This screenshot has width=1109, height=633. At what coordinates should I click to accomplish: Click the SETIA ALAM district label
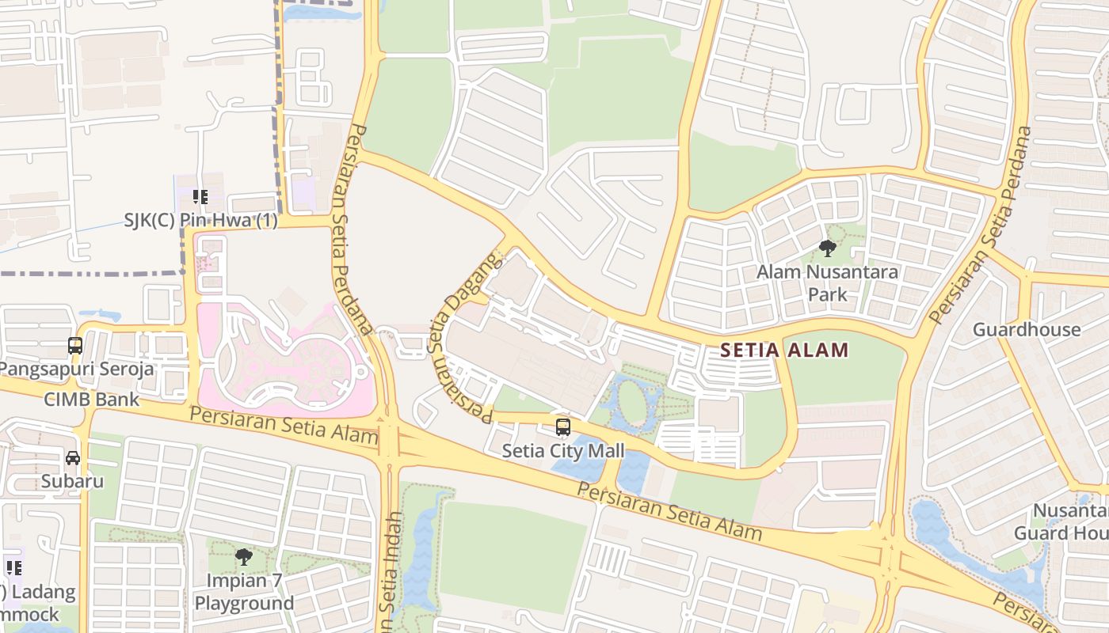784,350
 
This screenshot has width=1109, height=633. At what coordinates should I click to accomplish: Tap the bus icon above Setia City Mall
562,427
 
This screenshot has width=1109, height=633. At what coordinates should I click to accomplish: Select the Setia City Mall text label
563,451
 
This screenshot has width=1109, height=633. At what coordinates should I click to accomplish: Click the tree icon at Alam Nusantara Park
827,248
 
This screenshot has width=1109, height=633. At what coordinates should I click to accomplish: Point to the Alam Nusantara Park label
827,283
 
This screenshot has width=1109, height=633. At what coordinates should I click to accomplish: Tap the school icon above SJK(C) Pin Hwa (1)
200,196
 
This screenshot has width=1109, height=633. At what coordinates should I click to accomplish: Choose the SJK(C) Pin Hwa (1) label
201,221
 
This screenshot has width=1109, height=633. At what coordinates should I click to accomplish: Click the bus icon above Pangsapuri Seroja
75,346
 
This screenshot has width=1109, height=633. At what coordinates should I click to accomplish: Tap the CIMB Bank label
91,399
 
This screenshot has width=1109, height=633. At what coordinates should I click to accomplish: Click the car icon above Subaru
73,457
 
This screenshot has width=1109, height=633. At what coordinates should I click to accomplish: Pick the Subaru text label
73,481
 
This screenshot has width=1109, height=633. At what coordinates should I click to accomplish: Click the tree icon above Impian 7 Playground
244,557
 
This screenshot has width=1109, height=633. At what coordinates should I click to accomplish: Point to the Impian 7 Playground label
244,592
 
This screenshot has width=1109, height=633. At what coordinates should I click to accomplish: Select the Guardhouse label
1026,329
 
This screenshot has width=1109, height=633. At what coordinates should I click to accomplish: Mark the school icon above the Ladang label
13,567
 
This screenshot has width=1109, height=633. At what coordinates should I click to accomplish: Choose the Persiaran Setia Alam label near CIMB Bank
284,425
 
